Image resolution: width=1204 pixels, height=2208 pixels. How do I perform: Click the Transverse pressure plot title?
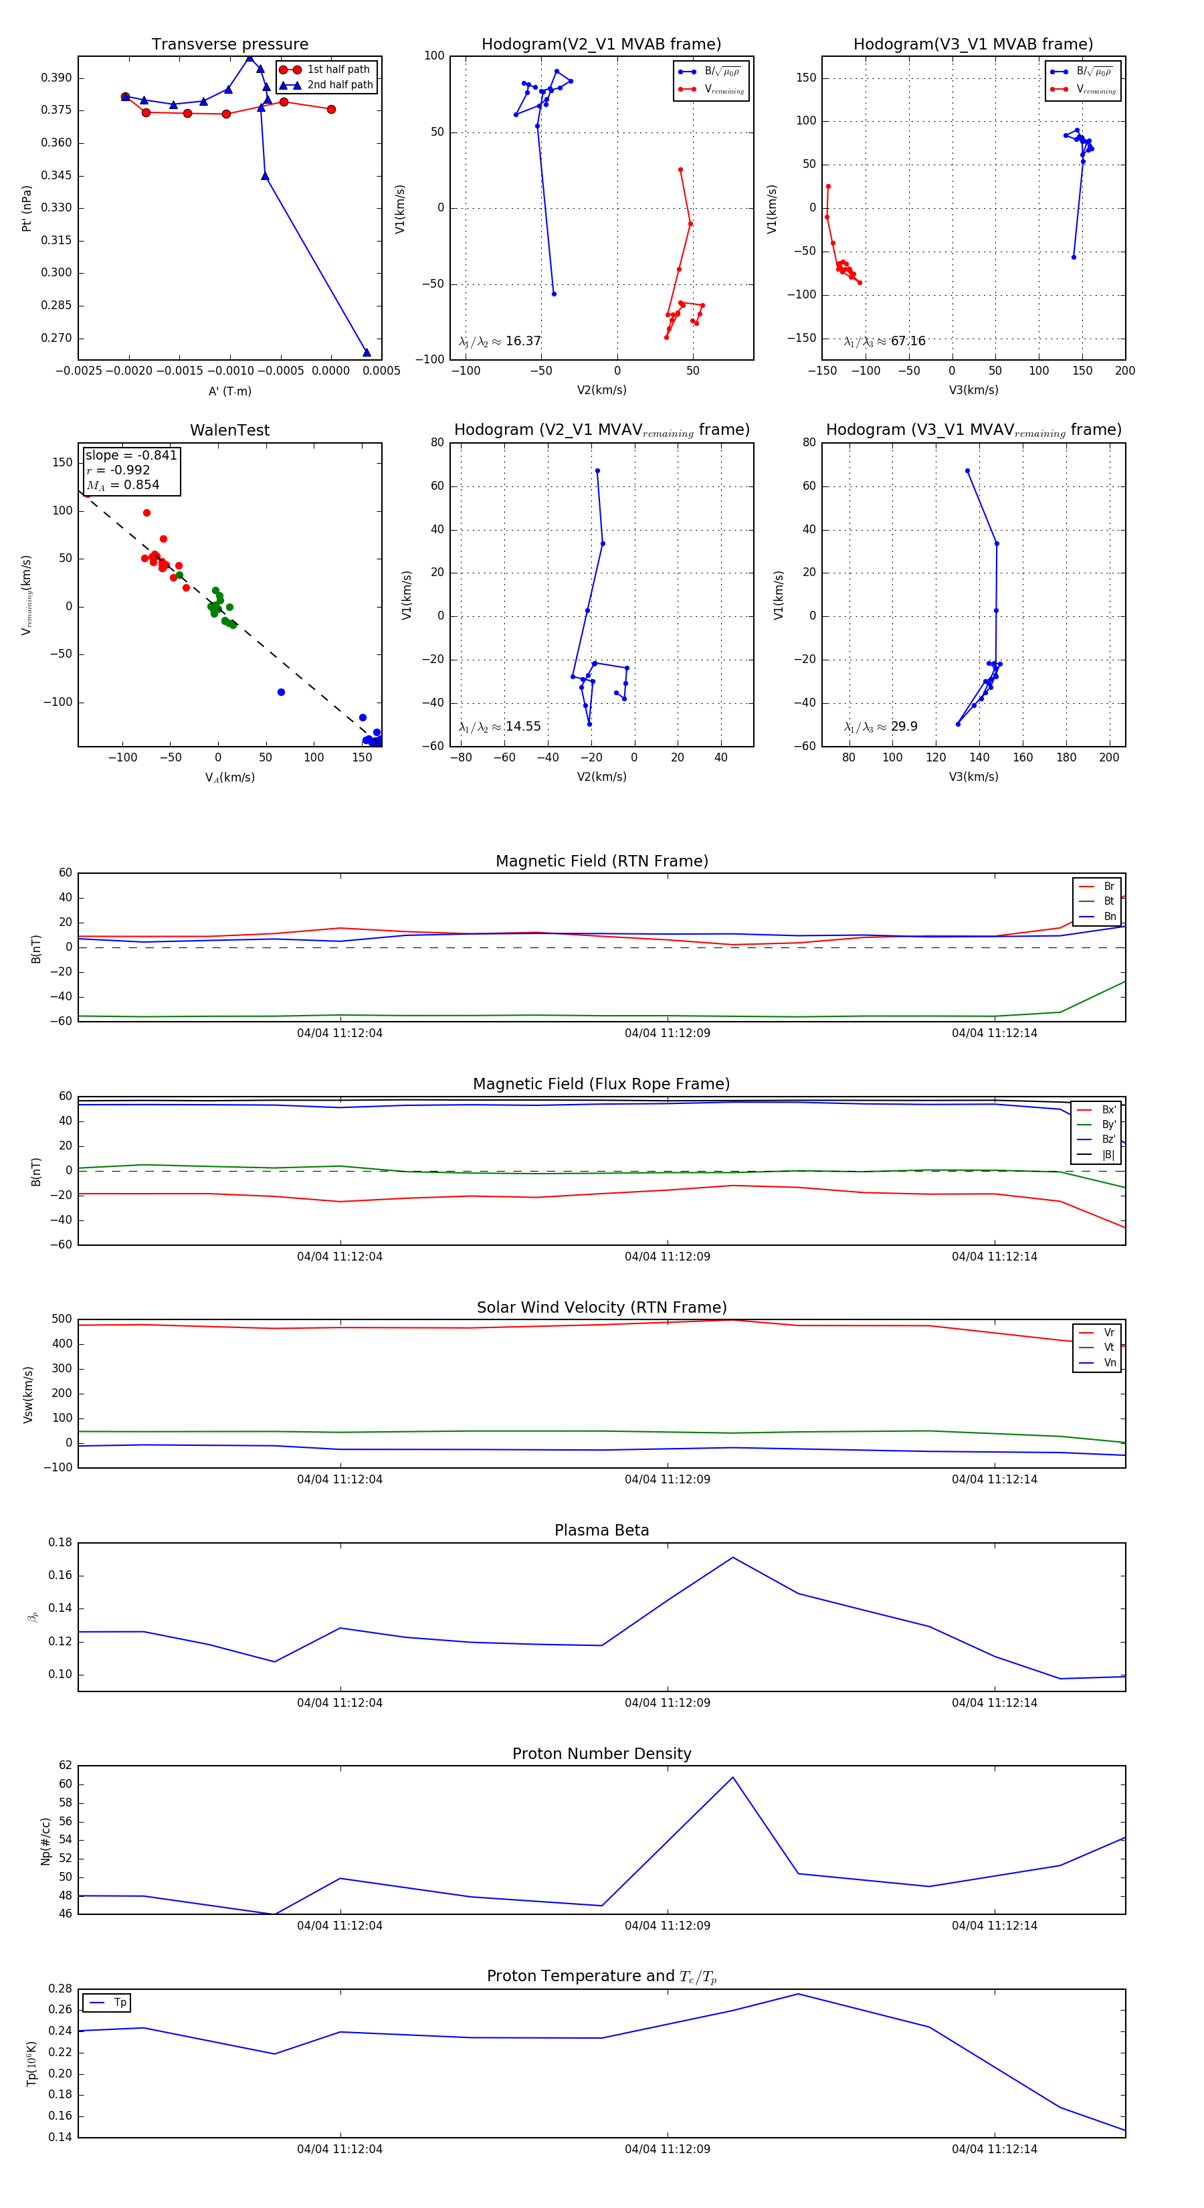pos(229,45)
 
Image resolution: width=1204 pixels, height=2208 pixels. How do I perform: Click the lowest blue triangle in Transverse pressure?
pos(367,353)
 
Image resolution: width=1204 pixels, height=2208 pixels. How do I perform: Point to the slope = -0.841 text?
pos(131,455)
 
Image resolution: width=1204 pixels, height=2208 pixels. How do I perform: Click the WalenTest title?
pos(229,430)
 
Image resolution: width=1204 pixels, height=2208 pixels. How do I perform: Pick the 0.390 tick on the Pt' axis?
pos(57,78)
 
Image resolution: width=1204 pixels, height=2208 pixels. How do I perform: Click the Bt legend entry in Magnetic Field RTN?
pos(1108,901)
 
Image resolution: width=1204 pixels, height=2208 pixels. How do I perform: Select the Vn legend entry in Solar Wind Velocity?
pos(1109,1363)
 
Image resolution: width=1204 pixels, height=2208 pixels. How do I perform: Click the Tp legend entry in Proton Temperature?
pos(119,2003)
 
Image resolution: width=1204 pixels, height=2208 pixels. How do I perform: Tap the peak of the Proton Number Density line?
pos(732,1777)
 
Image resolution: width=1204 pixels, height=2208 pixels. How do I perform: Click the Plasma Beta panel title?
pos(601,1530)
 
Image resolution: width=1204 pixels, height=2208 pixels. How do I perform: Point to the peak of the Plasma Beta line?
pos(732,1558)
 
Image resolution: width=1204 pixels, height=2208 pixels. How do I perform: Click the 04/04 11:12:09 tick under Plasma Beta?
pos(667,1702)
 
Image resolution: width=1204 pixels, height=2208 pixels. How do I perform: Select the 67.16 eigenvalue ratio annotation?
pos(908,341)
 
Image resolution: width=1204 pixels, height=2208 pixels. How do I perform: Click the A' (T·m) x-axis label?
pos(229,391)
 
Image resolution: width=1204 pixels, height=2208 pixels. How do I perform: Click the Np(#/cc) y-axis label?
pos(45,1841)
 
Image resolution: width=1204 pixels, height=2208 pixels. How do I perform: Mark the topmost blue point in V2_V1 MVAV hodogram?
pos(597,470)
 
